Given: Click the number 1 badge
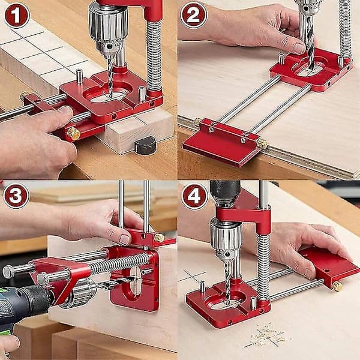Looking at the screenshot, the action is [17, 16].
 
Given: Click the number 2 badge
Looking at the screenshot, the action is [194, 15].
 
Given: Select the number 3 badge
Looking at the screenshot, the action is [16, 196].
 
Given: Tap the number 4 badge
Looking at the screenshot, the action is [194, 196].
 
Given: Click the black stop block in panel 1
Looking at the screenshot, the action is [145, 145].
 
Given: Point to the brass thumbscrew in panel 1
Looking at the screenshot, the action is [73, 133].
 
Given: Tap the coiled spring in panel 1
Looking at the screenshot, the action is [154, 56].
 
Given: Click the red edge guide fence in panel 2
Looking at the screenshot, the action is [222, 142].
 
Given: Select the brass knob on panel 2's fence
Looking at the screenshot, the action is [262, 143].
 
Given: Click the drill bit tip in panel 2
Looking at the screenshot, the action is [311, 68].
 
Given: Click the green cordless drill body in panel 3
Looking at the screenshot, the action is [19, 308].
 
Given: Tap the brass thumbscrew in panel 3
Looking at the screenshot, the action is [159, 238].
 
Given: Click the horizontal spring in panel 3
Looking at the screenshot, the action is [119, 263].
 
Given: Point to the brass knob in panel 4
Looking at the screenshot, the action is [337, 286].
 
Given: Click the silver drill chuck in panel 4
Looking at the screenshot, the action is [226, 239].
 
